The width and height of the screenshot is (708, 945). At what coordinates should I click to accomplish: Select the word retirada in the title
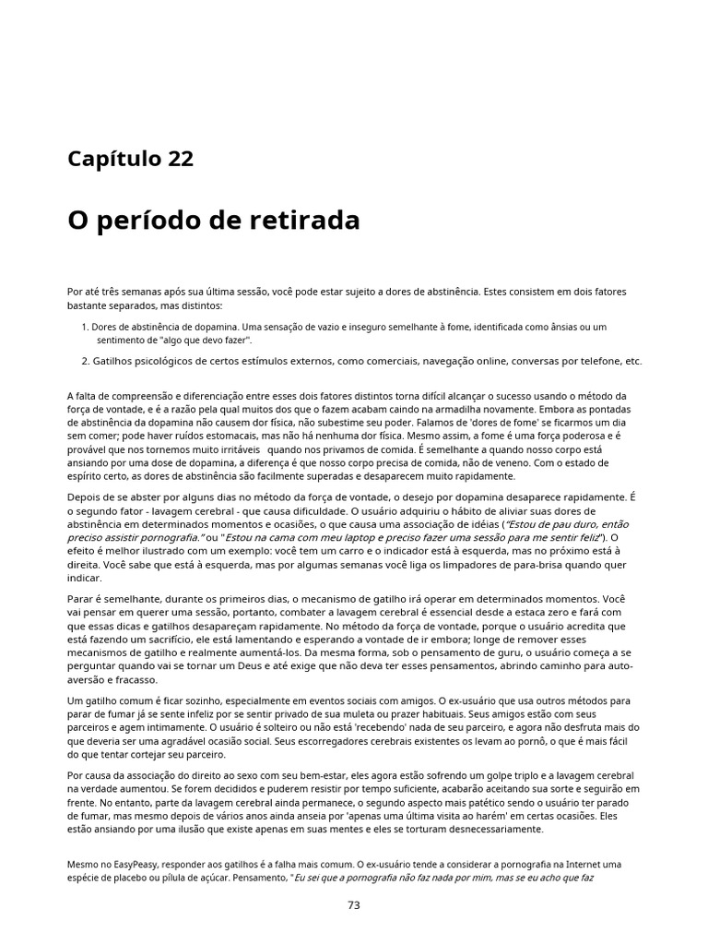point(303,221)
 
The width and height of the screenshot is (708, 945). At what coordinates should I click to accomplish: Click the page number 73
point(354,905)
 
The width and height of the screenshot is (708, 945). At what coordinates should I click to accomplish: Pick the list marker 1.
point(83,327)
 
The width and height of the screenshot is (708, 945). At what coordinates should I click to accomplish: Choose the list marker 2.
point(83,361)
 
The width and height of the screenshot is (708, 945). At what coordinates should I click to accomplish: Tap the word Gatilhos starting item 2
point(114,361)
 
